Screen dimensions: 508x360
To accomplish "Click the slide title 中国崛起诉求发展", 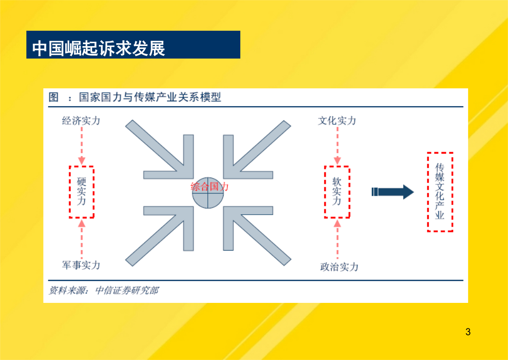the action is (x=99, y=48).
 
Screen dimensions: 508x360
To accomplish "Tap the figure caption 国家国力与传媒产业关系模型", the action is (x=150, y=97).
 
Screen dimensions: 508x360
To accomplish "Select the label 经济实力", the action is (x=81, y=120).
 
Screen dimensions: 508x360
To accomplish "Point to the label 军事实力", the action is (x=81, y=265).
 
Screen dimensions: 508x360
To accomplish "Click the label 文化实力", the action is (x=337, y=120).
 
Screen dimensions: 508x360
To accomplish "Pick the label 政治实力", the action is (x=339, y=266).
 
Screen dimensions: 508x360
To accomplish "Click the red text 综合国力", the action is (x=210, y=187).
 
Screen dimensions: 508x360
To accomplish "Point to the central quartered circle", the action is (x=208, y=193).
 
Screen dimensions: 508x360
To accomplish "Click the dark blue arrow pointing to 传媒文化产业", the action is (x=393, y=192).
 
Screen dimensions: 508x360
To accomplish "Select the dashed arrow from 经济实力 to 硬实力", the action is (x=82, y=145).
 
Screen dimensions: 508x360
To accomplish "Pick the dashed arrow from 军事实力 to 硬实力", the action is (x=82, y=239).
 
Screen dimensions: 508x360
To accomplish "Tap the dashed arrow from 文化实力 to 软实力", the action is (x=337, y=145).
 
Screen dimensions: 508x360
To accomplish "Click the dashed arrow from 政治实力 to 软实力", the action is (x=337, y=240).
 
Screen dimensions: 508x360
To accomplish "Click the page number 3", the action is (x=468, y=332).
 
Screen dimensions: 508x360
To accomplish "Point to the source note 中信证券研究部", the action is (x=127, y=290).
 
